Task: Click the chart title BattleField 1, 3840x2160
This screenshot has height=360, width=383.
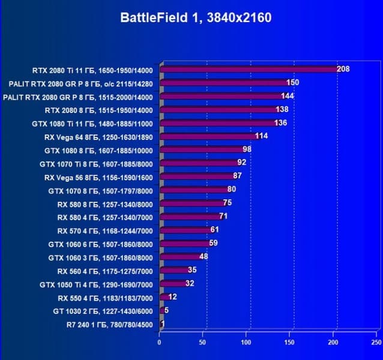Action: pyautogui.click(x=196, y=18)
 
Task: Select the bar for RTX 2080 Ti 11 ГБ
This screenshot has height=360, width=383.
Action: pyautogui.click(x=249, y=69)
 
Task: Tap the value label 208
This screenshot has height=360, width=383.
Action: pyautogui.click(x=343, y=69)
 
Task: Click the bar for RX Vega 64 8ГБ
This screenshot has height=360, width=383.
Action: pyautogui.click(x=208, y=137)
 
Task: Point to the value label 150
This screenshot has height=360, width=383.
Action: pyautogui.click(x=293, y=82)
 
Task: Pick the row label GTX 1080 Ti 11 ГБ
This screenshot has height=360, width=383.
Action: pyautogui.click(x=92, y=124)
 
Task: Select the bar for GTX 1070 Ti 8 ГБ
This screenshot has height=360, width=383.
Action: pyautogui.click(x=198, y=164)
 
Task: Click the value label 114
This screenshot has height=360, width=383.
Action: pyautogui.click(x=261, y=136)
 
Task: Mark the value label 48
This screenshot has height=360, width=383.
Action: pyautogui.click(x=204, y=257)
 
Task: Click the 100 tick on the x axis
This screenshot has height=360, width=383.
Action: pyautogui.click(x=246, y=342)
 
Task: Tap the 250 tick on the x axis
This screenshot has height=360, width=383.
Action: pyautogui.click(x=376, y=342)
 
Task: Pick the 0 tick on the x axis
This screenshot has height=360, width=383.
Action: pyautogui.click(x=160, y=342)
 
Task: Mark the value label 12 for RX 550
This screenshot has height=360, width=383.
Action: pyautogui.click(x=172, y=297)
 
